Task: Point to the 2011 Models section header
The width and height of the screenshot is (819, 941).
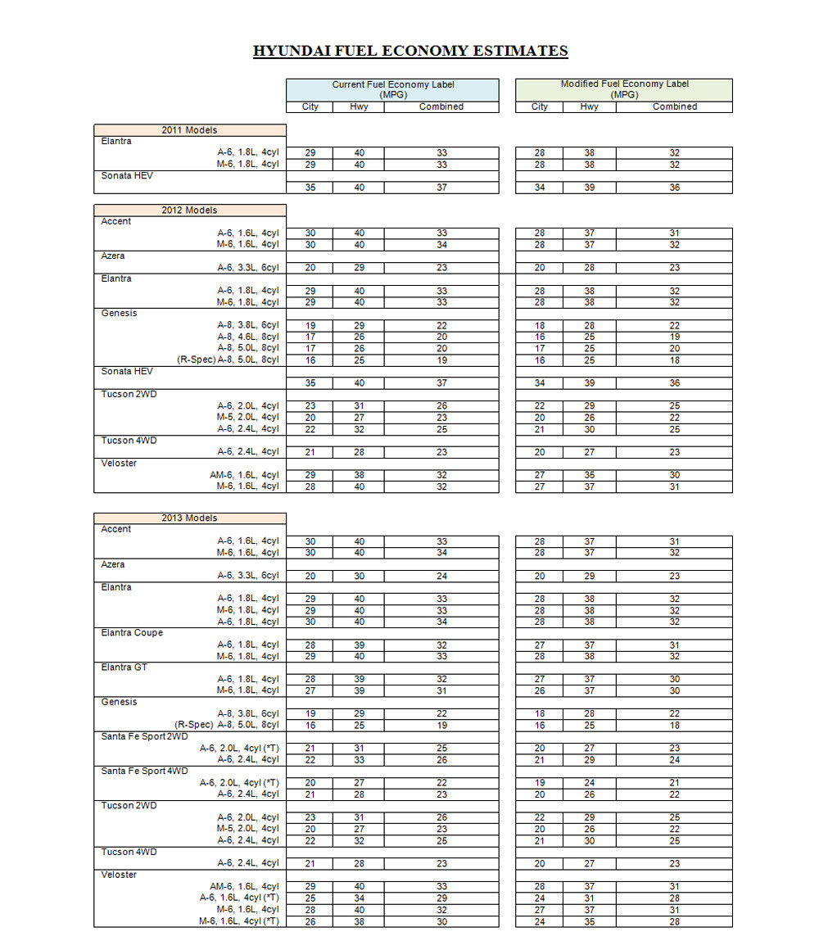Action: click(x=189, y=130)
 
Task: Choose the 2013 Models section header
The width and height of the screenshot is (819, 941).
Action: click(x=189, y=518)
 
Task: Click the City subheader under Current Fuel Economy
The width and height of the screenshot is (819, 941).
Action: click(x=310, y=106)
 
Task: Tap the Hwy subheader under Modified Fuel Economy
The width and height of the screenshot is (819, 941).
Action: click(x=589, y=106)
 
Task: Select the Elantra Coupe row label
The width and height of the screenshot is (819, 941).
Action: click(x=132, y=633)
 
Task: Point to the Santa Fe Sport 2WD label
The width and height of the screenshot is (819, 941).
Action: click(x=144, y=736)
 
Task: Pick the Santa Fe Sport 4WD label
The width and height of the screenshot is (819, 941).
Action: click(x=144, y=771)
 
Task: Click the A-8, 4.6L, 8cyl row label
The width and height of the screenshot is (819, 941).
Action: click(x=247, y=337)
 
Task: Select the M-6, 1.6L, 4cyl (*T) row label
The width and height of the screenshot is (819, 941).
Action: click(x=239, y=921)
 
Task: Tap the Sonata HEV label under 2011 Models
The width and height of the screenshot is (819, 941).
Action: click(x=127, y=175)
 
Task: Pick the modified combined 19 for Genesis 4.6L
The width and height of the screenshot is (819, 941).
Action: click(x=674, y=337)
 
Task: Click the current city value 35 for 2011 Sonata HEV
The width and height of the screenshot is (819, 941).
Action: click(x=310, y=188)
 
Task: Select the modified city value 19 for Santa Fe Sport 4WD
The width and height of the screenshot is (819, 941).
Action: click(x=539, y=783)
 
